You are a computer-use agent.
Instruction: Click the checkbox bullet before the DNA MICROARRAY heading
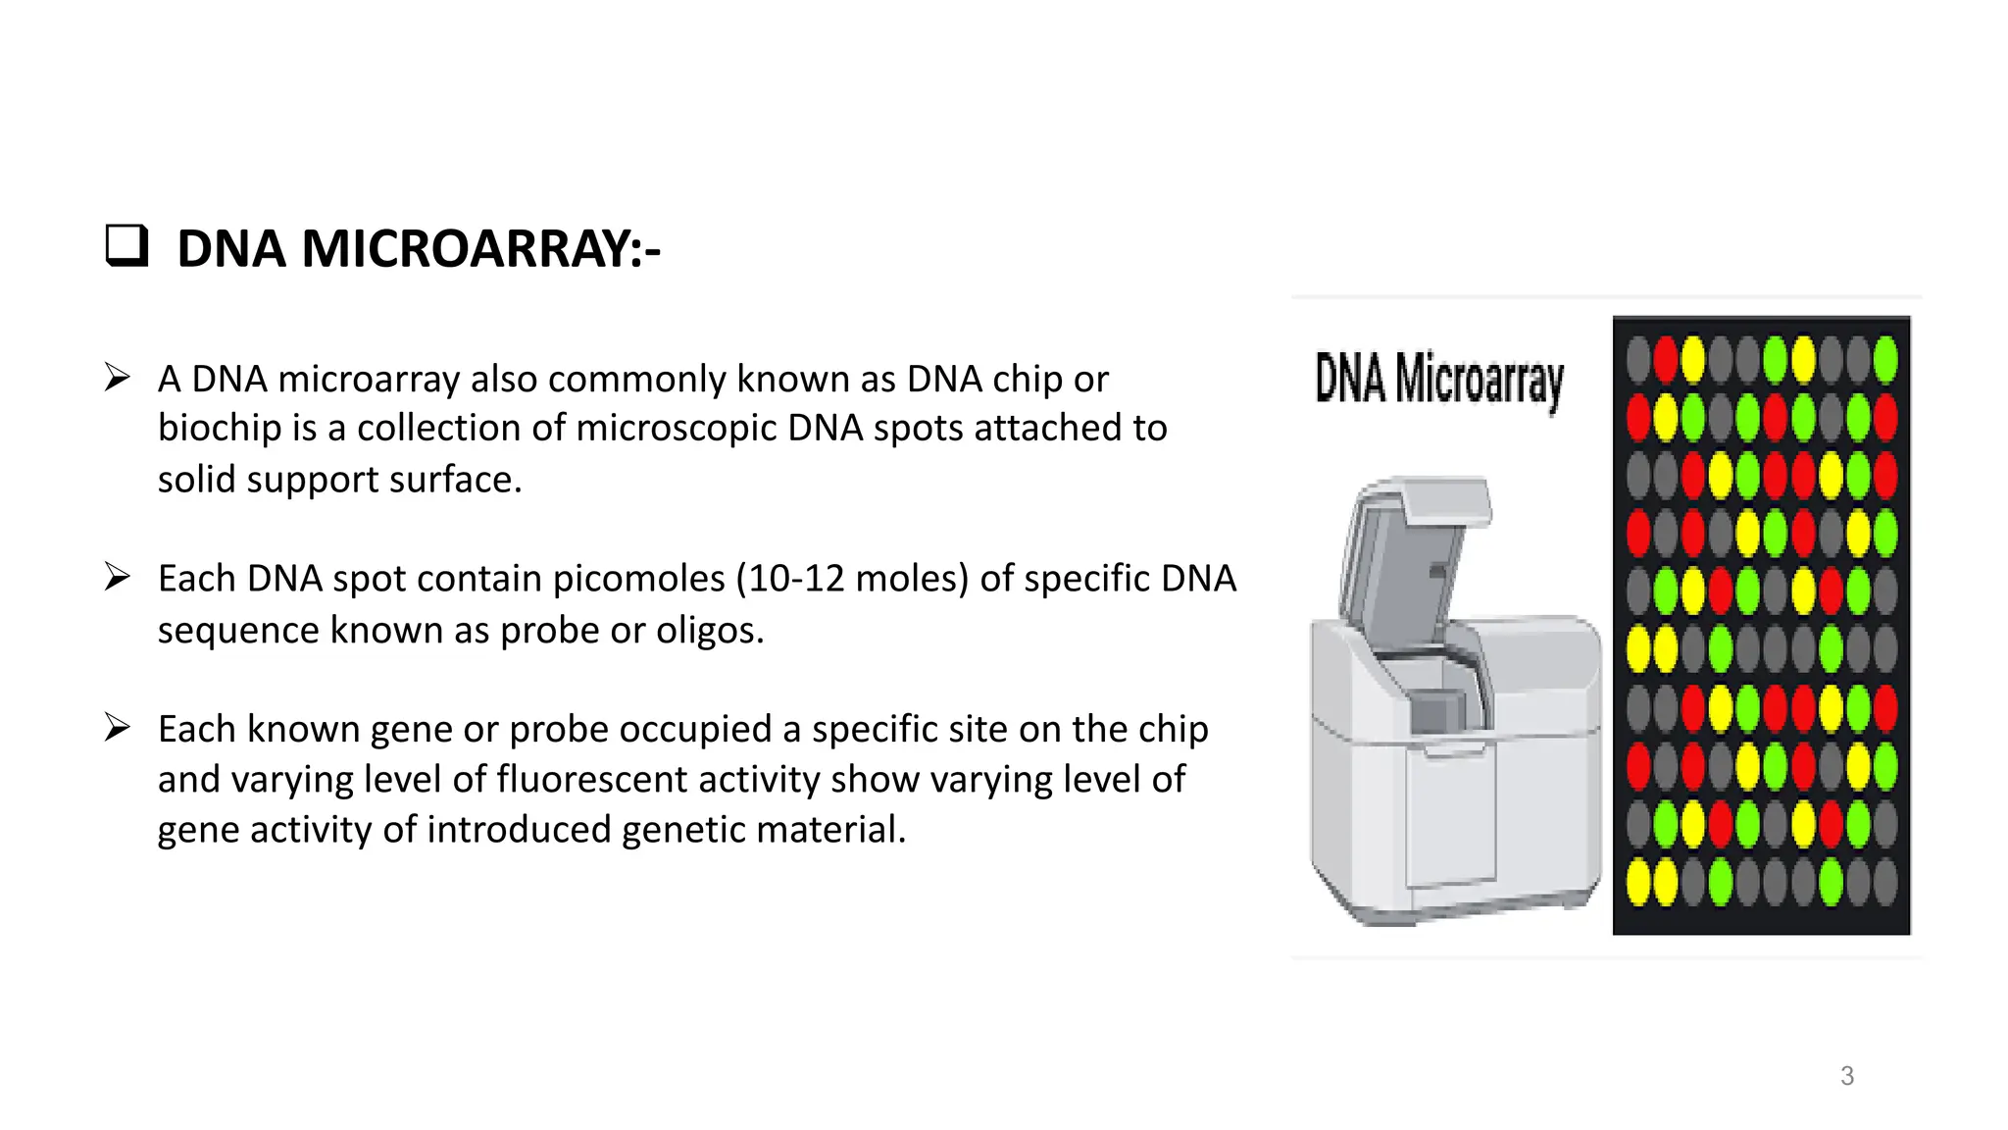(x=126, y=246)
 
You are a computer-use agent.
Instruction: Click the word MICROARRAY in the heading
(x=471, y=248)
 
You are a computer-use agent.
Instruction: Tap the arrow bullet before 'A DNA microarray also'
(x=118, y=378)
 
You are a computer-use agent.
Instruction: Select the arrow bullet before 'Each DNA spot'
(x=118, y=577)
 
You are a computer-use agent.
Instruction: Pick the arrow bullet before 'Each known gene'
(x=118, y=728)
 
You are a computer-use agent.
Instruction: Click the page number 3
(x=1846, y=1076)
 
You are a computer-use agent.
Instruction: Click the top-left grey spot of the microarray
(x=1638, y=360)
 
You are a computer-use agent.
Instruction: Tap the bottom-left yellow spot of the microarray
(x=1638, y=881)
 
